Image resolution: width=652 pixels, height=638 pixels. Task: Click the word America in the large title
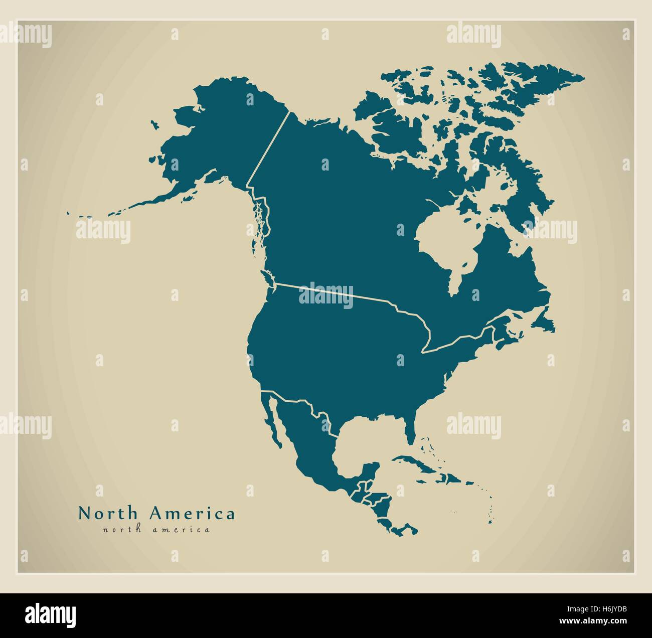tap(192, 514)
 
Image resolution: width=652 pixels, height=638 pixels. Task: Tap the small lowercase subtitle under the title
tap(156, 529)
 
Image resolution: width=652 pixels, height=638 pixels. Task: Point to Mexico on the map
tap(306, 441)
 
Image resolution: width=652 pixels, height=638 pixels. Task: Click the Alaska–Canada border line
tap(268, 150)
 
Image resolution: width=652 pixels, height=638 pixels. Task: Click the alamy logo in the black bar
tap(50, 615)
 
